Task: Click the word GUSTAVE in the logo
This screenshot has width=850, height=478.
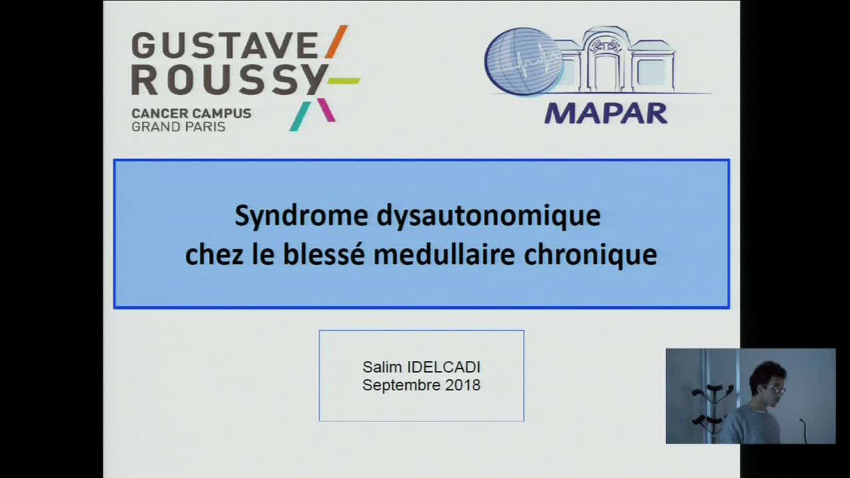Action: point(225,45)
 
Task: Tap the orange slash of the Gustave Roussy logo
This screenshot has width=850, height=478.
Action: point(336,42)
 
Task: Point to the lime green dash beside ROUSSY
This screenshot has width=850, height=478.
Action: point(344,81)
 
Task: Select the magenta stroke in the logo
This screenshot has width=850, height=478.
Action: point(326,110)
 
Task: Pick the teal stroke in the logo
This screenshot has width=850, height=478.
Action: point(300,117)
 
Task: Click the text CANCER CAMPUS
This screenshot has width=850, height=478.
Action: point(191,113)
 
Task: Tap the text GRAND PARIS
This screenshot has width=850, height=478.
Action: point(178,126)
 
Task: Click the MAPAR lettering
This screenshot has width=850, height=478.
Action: point(606,114)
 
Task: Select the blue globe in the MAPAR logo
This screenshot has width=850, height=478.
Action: point(524,61)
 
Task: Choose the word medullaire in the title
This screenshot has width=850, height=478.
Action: point(444,255)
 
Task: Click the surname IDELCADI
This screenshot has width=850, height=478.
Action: point(443,367)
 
